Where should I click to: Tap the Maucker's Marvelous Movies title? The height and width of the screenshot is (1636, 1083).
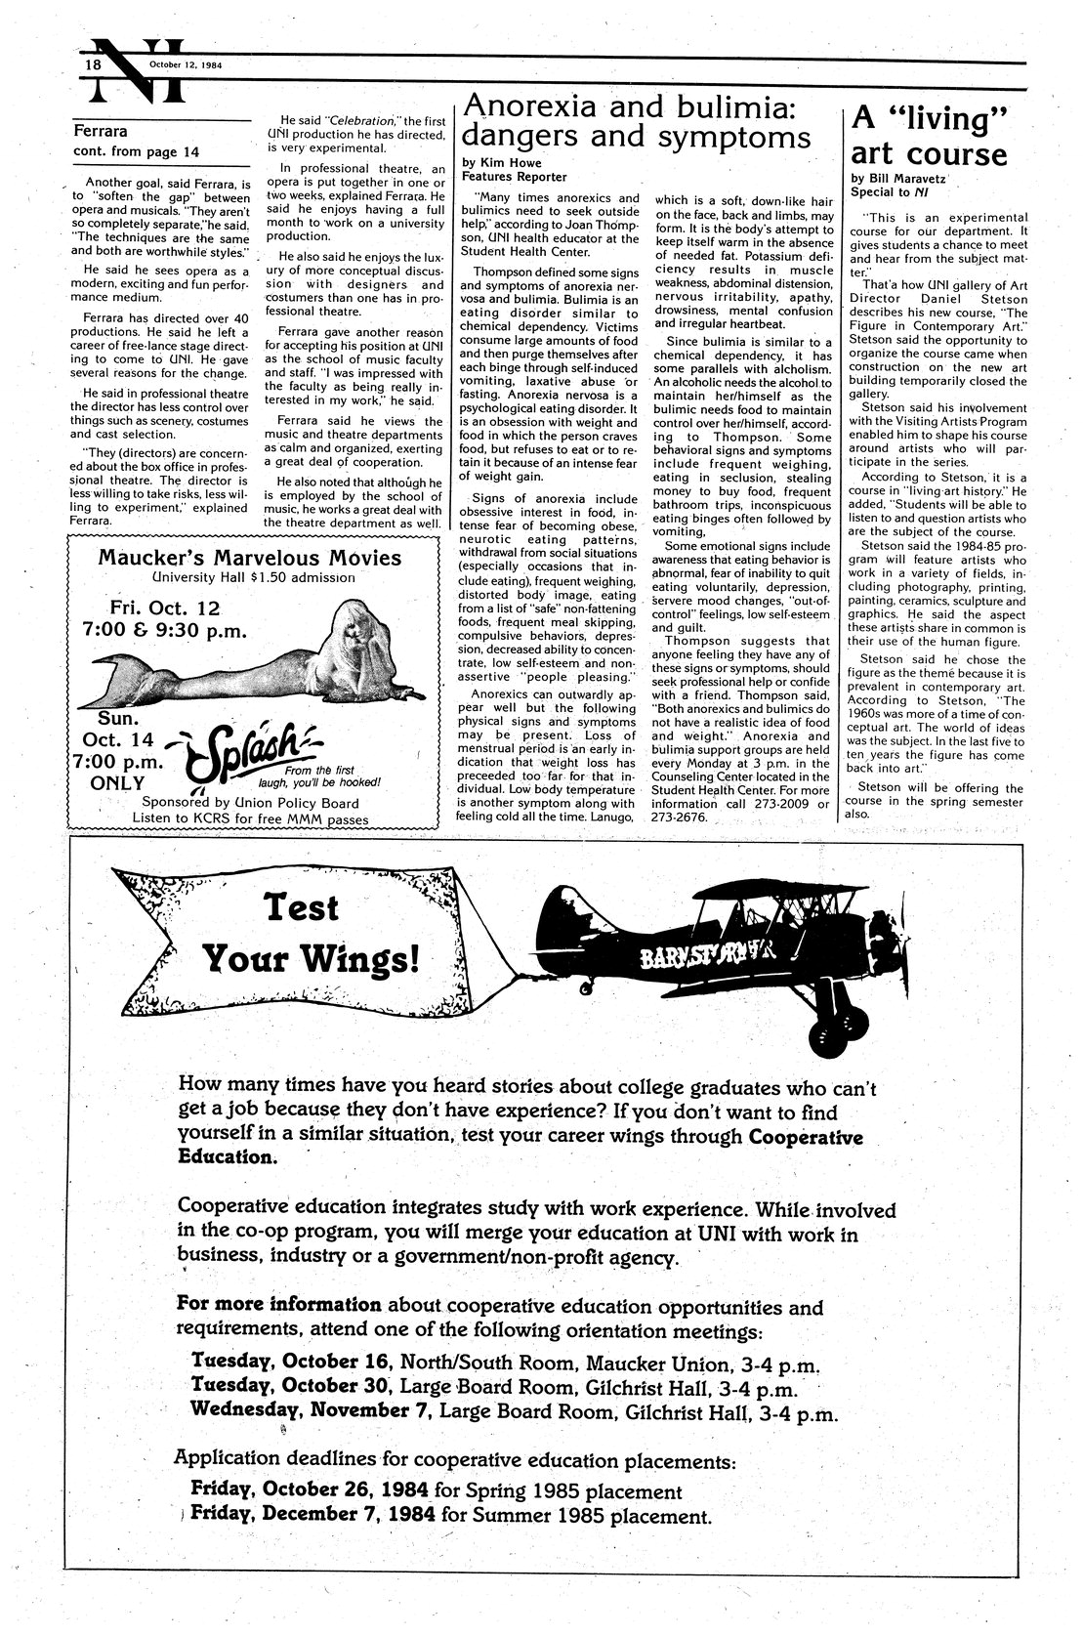pos(250,558)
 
